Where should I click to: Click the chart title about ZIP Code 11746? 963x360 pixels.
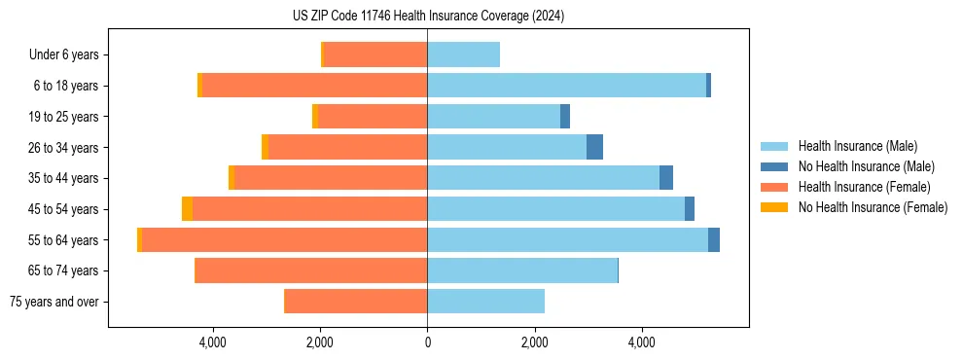pyautogui.click(x=428, y=16)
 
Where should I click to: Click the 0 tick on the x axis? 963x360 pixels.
pyautogui.click(x=427, y=342)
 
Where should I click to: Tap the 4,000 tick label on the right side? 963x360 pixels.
pyautogui.click(x=641, y=342)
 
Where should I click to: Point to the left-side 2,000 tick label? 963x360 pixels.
pyautogui.click(x=320, y=342)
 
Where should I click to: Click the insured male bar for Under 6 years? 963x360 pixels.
pyautogui.click(x=463, y=55)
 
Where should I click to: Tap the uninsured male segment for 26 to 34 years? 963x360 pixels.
pyautogui.click(x=594, y=148)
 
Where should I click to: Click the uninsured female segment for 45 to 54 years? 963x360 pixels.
pyautogui.click(x=187, y=209)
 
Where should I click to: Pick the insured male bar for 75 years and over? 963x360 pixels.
pyautogui.click(x=485, y=302)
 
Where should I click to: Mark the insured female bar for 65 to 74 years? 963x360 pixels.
pyautogui.click(x=311, y=270)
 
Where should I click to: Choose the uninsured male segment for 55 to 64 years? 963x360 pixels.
pyautogui.click(x=714, y=240)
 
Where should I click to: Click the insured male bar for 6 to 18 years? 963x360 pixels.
pyautogui.click(x=566, y=86)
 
